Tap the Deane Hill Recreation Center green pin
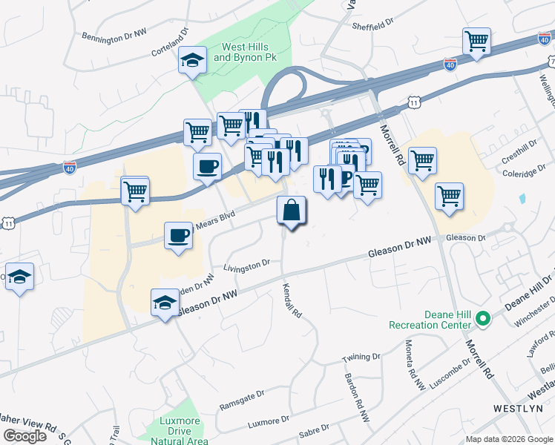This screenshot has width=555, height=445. tap(483, 320)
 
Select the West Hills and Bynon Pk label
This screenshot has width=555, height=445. tap(240, 51)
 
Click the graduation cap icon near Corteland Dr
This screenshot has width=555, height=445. tap(192, 60)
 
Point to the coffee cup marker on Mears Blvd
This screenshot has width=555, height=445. tap(178, 236)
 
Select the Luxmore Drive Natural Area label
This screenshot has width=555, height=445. tap(180, 431)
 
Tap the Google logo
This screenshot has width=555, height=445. tap(24, 436)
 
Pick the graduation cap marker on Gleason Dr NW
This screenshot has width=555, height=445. tap(165, 302)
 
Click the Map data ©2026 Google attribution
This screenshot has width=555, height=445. tap(509, 439)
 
